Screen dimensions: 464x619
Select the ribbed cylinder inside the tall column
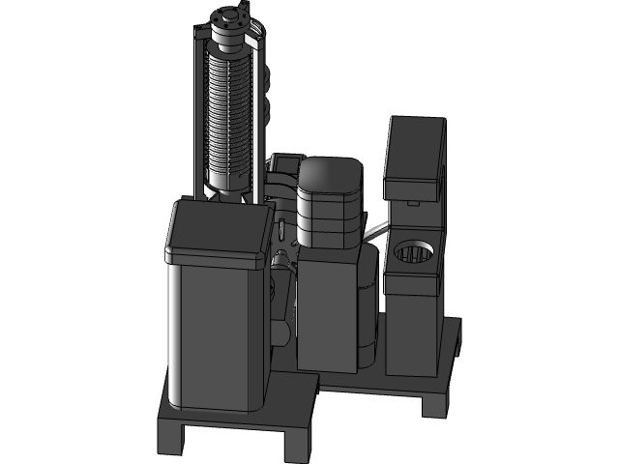pos(230,116)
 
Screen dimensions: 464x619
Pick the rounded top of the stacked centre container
pos(330,178)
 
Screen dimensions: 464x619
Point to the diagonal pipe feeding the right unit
pos(376,228)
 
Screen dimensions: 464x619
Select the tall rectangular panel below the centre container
pos(324,309)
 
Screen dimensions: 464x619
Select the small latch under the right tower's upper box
pos(413,204)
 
